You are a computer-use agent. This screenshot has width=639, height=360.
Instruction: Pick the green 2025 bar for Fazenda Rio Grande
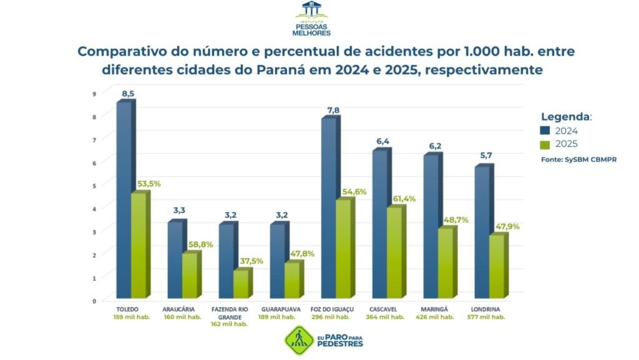coord(240,285)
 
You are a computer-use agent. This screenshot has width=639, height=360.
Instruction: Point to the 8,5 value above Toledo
coord(128,94)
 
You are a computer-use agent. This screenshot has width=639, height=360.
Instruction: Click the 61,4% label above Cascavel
coord(404,199)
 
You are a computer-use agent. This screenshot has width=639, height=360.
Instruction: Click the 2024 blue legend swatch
coord(545,131)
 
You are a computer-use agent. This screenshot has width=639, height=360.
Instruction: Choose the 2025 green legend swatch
coord(545,145)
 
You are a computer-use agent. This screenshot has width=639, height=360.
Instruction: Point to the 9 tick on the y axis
coord(94,94)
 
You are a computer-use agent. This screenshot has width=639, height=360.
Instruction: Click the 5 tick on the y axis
coord(94,186)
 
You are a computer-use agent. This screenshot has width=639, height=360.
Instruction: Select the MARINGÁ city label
coord(437,309)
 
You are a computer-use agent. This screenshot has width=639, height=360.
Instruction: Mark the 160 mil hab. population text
coord(182,317)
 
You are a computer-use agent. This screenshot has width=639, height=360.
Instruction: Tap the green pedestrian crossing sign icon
coord(298,340)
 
